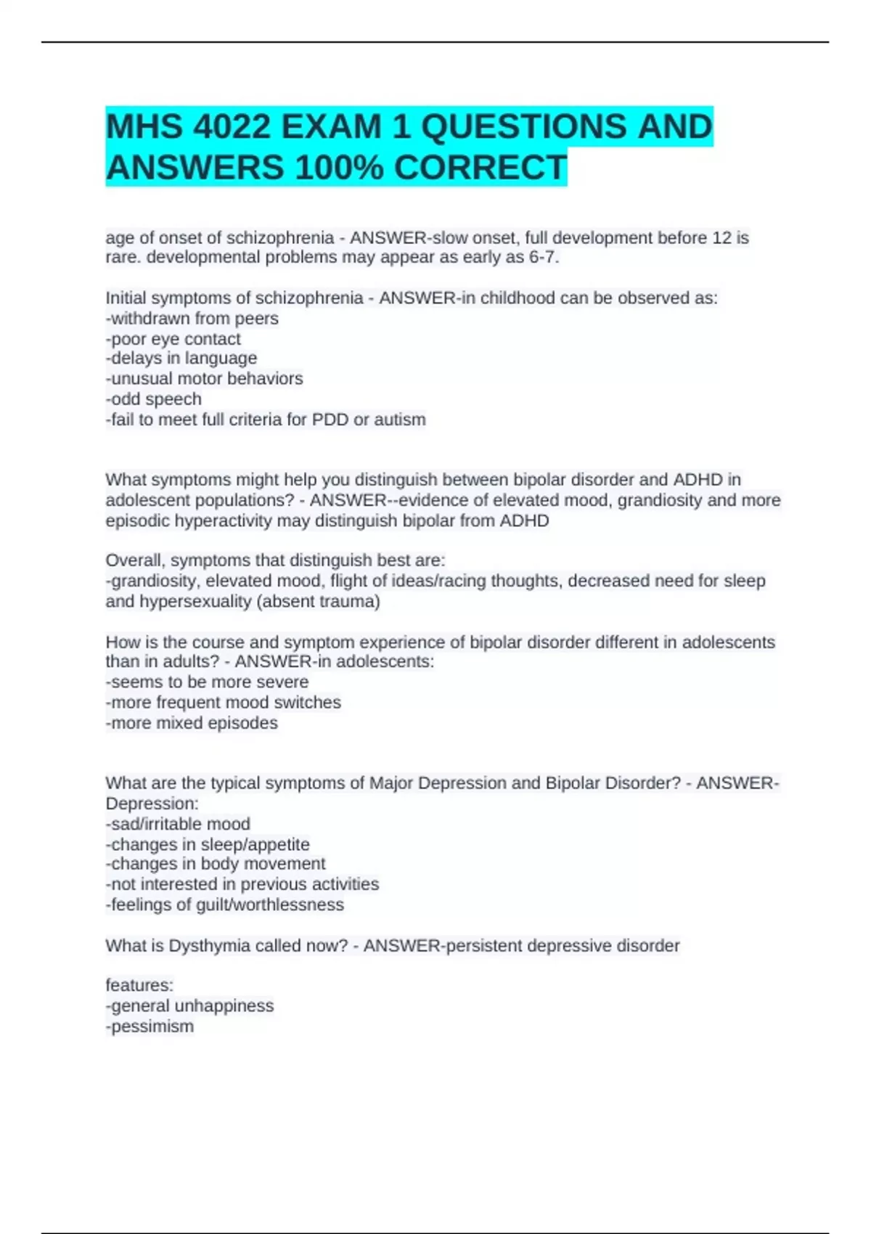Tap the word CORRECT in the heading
tap(480, 168)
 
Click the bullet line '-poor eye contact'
tap(173, 339)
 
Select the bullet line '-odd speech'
tap(154, 399)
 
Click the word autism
tap(399, 420)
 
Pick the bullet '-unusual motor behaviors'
tap(205, 379)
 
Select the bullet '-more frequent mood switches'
tap(224, 703)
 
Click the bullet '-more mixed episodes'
tap(192, 723)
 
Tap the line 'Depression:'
tap(152, 804)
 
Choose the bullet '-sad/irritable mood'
tap(178, 824)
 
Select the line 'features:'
tap(139, 986)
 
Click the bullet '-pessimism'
tap(150, 1026)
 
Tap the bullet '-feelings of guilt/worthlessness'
tap(225, 904)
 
